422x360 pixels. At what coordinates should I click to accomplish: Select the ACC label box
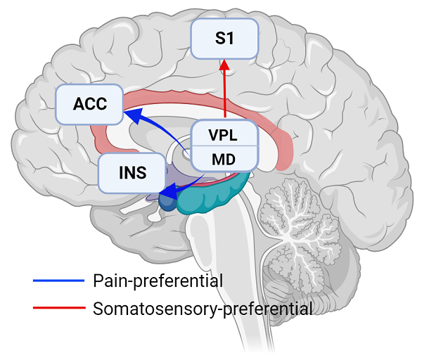(90, 105)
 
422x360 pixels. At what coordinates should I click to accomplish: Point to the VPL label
(224, 134)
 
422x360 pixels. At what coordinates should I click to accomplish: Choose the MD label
(224, 160)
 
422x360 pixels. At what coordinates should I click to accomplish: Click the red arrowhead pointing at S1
(224, 65)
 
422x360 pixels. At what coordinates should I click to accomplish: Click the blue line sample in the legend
(56, 281)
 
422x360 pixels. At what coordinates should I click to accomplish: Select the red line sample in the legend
(56, 308)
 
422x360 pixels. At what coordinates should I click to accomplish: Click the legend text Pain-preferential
(158, 281)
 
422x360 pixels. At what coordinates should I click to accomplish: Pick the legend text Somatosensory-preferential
(203, 308)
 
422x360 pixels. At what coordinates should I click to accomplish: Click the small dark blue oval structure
(168, 204)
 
